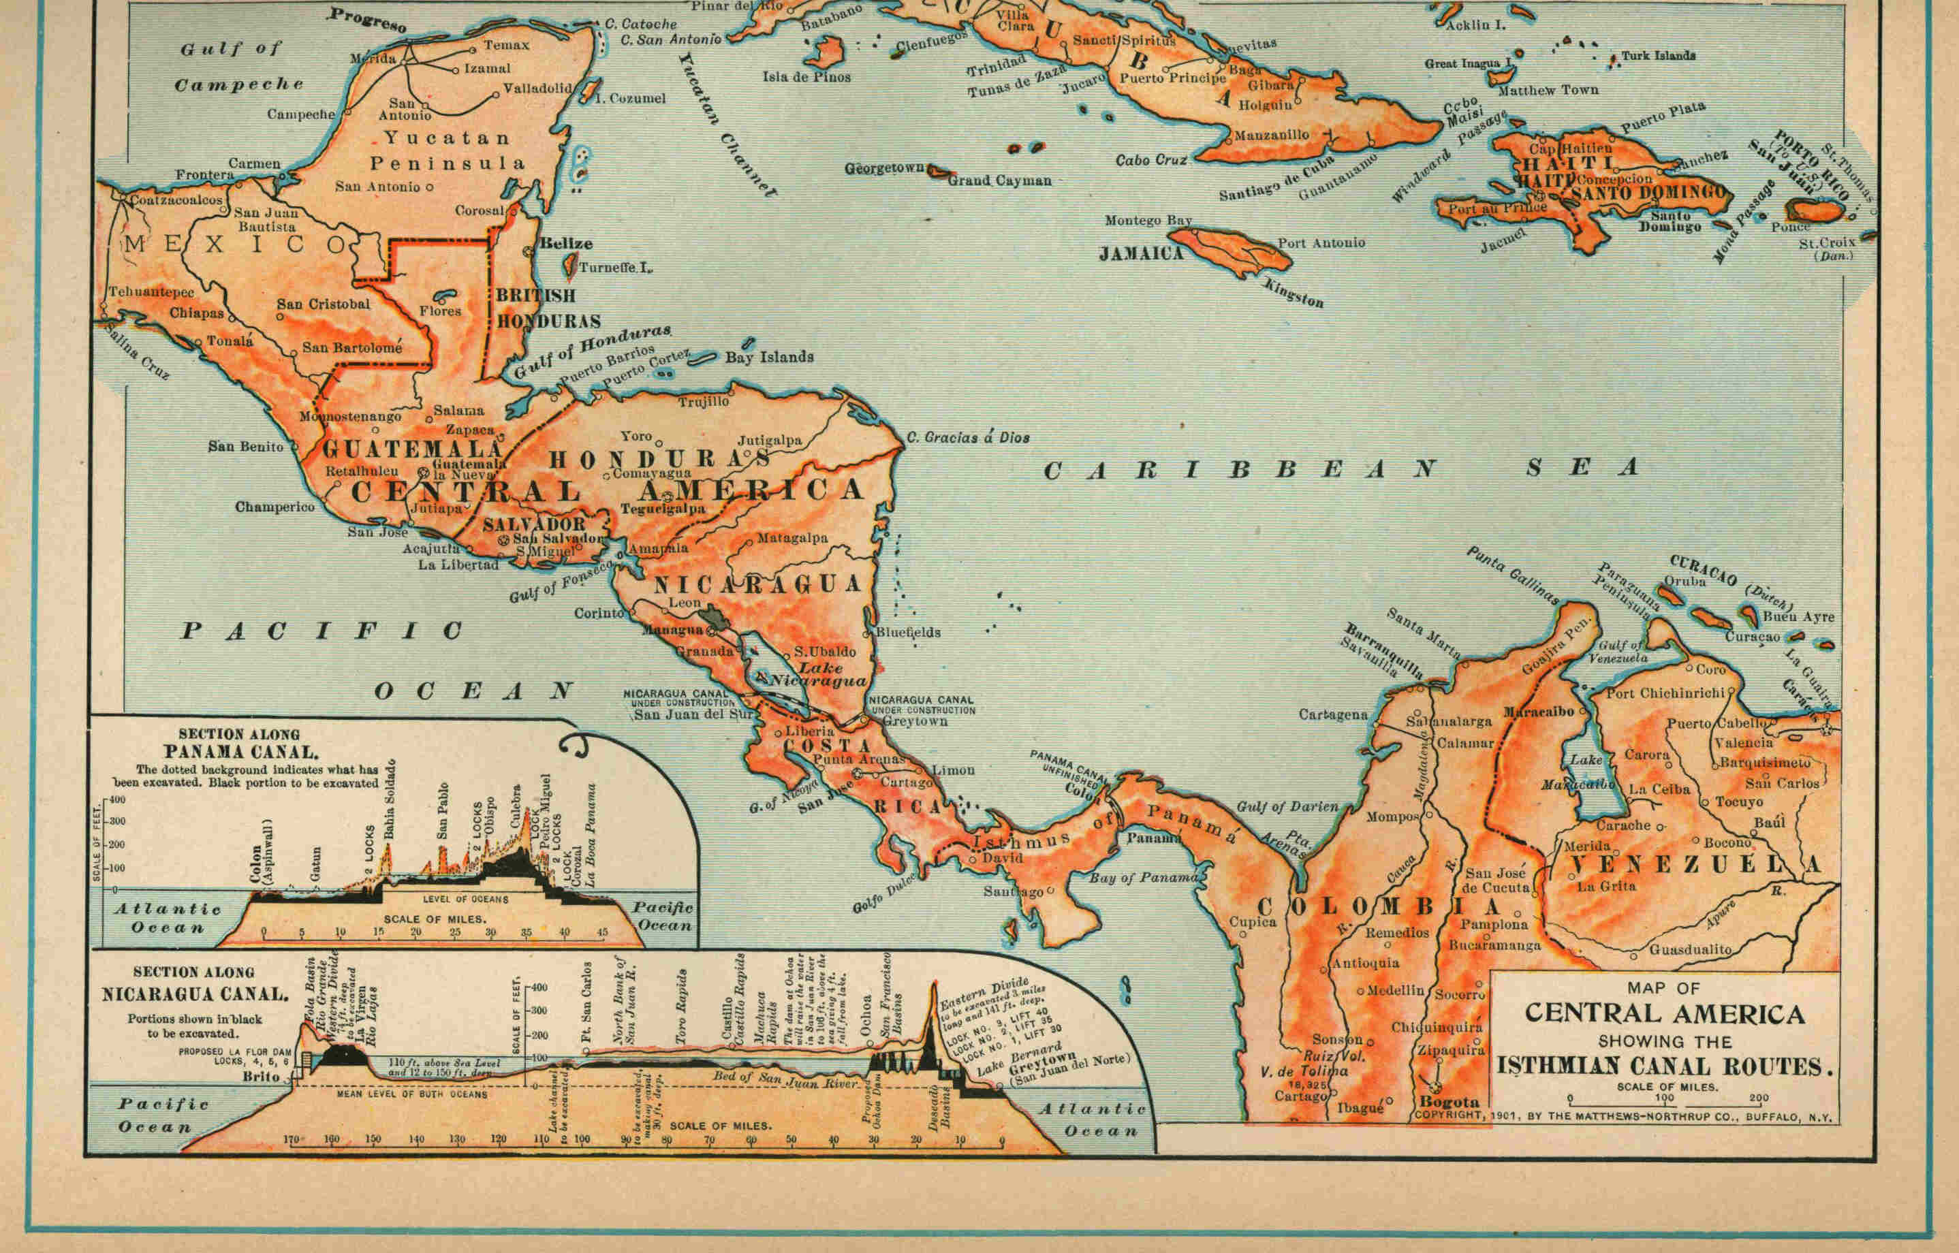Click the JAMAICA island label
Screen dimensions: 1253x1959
pyautogui.click(x=1141, y=254)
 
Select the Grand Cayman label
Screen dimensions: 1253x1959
pyautogui.click(x=999, y=180)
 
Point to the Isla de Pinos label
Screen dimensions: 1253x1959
pyautogui.click(x=806, y=78)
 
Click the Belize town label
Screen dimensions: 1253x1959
pyautogui.click(x=565, y=243)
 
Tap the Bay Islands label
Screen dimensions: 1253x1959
pyautogui.click(x=768, y=356)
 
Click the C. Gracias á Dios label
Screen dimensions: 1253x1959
pyautogui.click(x=968, y=438)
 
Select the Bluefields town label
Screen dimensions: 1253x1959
pyautogui.click(x=907, y=632)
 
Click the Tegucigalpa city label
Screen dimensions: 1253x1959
pyautogui.click(x=663, y=509)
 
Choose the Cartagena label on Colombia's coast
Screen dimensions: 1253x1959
pyautogui.click(x=1332, y=715)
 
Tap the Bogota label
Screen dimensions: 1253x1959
pyautogui.click(x=1449, y=1103)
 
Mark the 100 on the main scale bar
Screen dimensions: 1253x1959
pyautogui.click(x=1663, y=1098)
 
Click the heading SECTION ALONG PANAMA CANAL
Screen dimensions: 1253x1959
pyautogui.click(x=239, y=743)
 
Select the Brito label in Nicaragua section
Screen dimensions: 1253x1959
pyautogui.click(x=260, y=1077)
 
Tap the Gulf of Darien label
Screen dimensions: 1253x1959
pyautogui.click(x=1287, y=806)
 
